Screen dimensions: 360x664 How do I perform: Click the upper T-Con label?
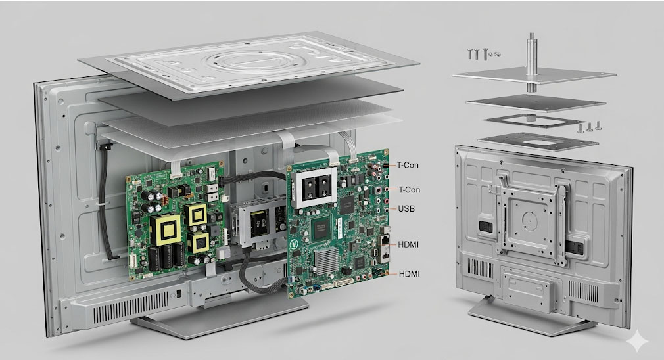point(408,164)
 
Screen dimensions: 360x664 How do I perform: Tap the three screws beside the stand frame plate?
point(590,127)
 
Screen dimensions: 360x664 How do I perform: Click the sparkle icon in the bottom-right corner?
point(636,340)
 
